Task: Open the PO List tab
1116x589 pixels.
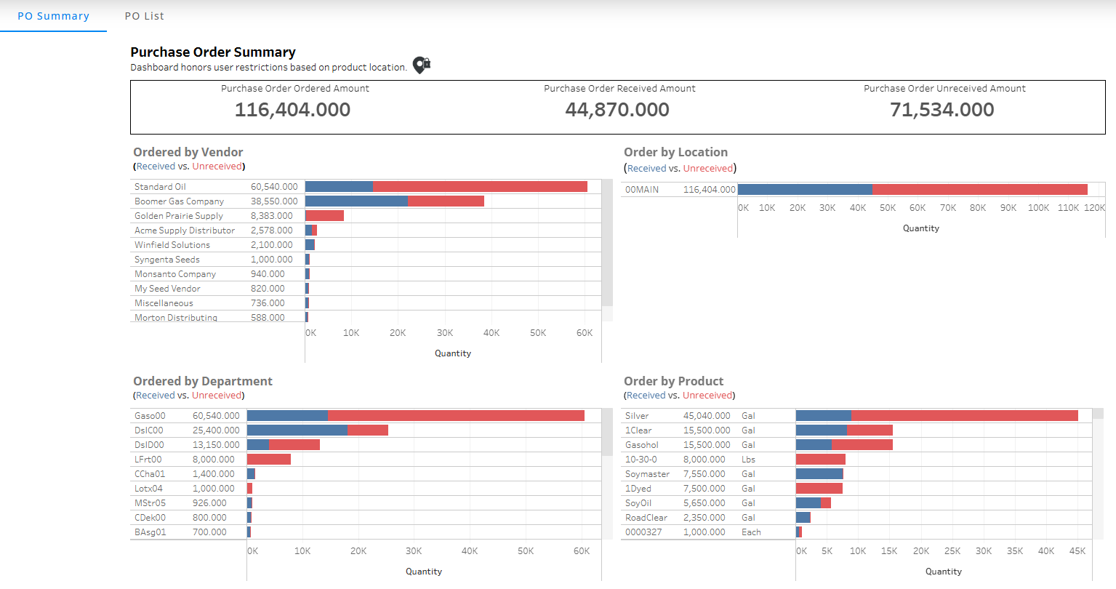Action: (x=144, y=16)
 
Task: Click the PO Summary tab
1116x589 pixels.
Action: (x=53, y=16)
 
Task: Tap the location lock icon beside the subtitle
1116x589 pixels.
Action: (x=421, y=65)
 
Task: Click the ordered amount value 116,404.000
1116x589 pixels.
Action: (x=292, y=110)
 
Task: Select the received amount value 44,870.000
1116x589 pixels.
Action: (x=617, y=110)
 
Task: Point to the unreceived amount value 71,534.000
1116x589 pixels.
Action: (x=942, y=110)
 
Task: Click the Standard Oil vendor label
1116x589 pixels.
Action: (x=160, y=187)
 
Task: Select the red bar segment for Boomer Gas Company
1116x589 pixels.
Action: (x=446, y=201)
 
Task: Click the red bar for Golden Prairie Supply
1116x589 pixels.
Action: (x=325, y=216)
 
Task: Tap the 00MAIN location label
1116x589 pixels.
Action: (x=642, y=190)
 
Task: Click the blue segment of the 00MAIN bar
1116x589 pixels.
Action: (x=804, y=190)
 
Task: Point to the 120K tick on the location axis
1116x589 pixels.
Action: (x=1094, y=208)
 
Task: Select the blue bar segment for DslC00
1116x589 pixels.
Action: (x=297, y=430)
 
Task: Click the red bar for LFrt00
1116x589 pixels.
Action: (x=269, y=460)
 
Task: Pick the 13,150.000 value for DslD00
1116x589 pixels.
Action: (x=216, y=445)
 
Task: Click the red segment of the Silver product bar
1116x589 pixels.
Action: (x=964, y=416)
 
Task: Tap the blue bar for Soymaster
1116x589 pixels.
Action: (x=819, y=474)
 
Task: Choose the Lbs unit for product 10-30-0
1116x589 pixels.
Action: (x=748, y=460)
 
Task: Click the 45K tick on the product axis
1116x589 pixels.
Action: (x=1077, y=551)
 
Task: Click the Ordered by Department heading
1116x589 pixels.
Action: (x=203, y=381)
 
